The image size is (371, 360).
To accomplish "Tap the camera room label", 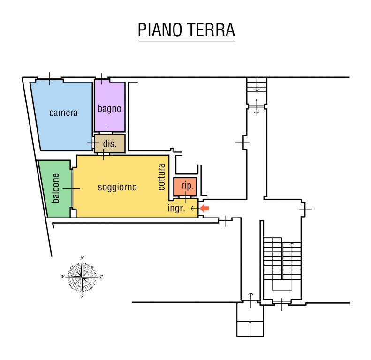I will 63,113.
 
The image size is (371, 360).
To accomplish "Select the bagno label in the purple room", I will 109,108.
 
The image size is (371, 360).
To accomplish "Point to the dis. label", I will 109,144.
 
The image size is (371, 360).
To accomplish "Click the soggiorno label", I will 117,187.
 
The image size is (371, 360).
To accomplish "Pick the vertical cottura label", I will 162,177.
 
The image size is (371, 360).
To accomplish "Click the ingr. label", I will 177,209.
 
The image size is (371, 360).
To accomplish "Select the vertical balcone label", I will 56,188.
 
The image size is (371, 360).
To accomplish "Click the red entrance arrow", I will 204,209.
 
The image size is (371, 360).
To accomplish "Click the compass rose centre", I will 82,277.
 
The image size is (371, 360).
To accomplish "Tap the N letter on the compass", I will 82,258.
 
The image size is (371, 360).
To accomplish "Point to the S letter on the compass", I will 82,297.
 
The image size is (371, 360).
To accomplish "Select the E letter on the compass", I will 101,277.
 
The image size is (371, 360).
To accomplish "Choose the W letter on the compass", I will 62,277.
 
